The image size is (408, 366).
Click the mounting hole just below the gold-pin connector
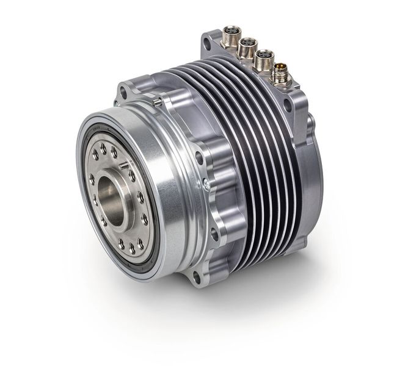coord(287,104)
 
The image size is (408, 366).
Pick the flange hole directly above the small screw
coord(200,155)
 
